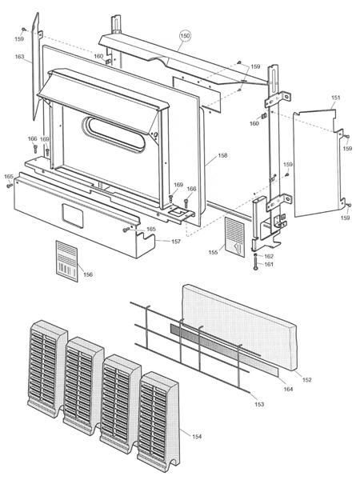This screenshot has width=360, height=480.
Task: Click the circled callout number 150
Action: point(185,36)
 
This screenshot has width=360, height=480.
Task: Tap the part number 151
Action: point(335,98)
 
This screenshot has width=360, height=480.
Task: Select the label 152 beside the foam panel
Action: point(306,379)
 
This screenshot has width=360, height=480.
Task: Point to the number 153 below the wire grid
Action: point(259,404)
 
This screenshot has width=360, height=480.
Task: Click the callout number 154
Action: point(197,437)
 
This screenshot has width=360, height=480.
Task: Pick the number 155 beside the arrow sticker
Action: point(213,252)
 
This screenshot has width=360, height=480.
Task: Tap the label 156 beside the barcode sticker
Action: point(88,274)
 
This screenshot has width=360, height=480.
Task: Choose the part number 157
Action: point(176,242)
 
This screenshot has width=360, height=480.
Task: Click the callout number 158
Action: point(222,155)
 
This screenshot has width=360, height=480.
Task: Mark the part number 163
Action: point(19,57)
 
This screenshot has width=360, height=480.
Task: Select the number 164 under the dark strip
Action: point(288,389)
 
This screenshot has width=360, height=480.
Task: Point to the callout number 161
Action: point(269,264)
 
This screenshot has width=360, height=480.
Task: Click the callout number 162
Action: point(269,256)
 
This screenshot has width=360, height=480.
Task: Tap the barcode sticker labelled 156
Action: point(66,261)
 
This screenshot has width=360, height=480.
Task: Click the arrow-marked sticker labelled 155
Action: point(234,237)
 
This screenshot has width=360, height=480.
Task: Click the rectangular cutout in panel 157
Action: point(73,216)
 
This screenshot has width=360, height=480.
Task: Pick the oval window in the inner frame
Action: point(114,134)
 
